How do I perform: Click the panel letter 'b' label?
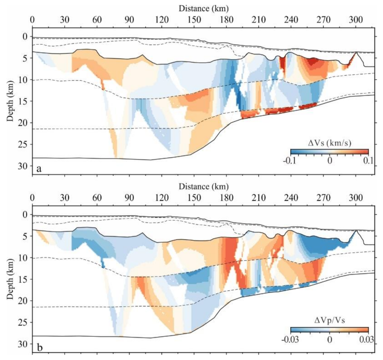click(x=39, y=346)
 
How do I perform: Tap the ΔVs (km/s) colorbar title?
click(x=329, y=143)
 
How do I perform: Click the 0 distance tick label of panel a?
click(x=32, y=19)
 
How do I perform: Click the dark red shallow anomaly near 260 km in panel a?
click(x=313, y=62)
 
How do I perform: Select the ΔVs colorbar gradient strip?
click(x=329, y=152)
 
